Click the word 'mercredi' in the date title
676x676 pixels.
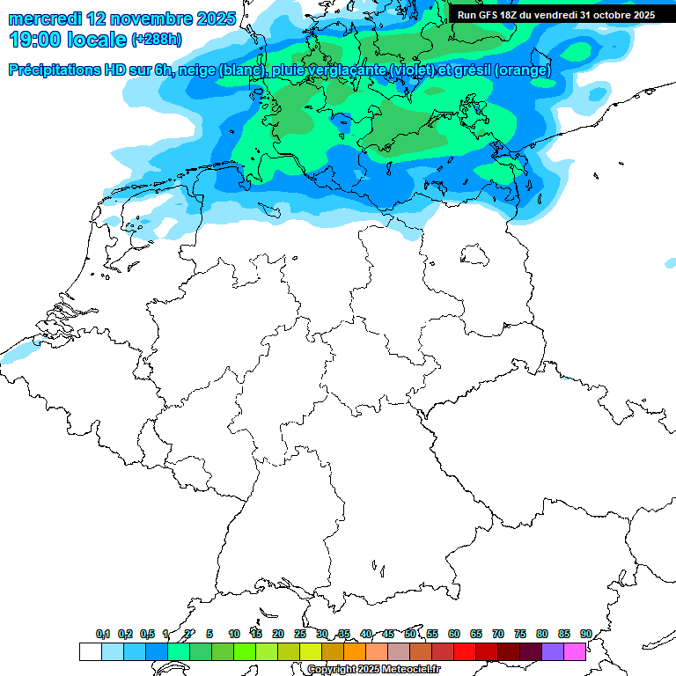click(x=45, y=18)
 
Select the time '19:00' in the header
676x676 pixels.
click(x=35, y=40)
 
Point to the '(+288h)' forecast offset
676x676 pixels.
click(x=156, y=40)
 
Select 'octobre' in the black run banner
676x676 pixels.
click(x=613, y=15)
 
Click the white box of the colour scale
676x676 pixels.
click(x=91, y=651)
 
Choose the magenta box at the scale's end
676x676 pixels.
click(x=575, y=651)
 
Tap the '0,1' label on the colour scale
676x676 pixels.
click(x=102, y=634)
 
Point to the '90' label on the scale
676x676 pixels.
click(x=585, y=634)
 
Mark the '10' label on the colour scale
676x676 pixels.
click(x=234, y=634)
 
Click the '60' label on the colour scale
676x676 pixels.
click(x=454, y=634)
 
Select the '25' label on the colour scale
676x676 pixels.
click(x=300, y=634)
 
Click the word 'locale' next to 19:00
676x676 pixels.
click(x=99, y=40)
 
